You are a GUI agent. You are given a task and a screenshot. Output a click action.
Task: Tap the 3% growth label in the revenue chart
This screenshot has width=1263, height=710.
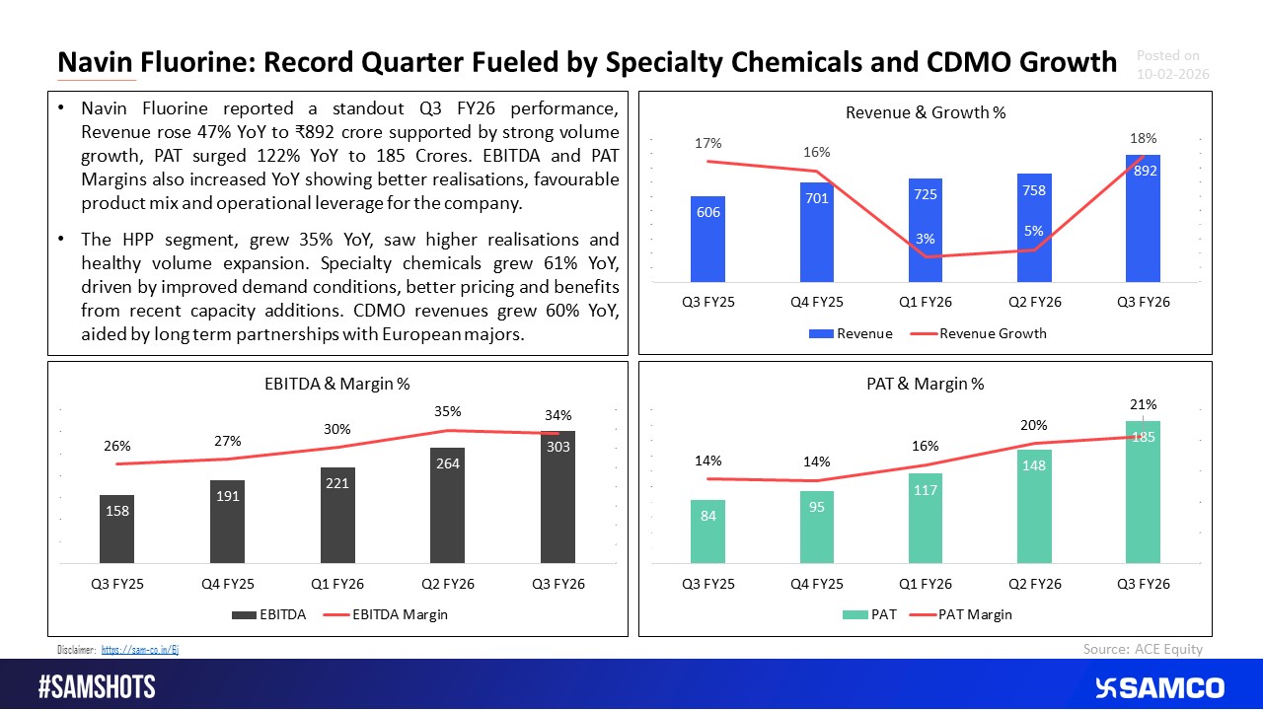[x=925, y=240]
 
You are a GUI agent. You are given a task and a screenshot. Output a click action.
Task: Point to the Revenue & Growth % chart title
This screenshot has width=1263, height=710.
[x=926, y=112]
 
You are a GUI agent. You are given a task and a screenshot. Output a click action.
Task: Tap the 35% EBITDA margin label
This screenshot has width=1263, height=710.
[x=449, y=411]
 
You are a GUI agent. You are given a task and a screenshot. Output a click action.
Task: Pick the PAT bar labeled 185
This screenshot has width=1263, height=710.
[x=1143, y=492]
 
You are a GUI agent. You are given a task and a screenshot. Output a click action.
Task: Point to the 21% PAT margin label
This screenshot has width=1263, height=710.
[x=1144, y=404]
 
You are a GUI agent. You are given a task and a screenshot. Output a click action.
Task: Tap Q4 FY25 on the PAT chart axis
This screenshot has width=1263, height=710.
[x=816, y=584]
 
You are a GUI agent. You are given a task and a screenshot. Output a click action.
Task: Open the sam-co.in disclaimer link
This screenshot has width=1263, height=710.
[x=140, y=649]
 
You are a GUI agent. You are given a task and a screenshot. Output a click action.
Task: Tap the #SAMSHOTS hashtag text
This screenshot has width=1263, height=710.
[x=97, y=687]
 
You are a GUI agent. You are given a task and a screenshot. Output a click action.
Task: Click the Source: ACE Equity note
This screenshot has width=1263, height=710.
[x=1143, y=648]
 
